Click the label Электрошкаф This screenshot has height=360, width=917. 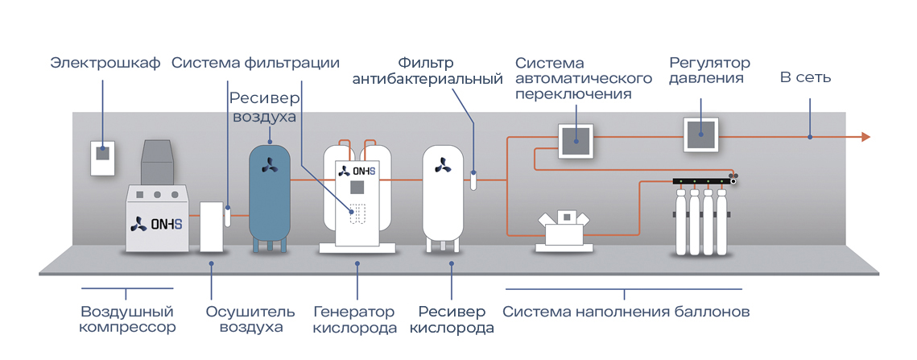105,62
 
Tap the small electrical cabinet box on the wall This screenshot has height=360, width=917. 102,158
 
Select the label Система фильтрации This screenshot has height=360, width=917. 255,62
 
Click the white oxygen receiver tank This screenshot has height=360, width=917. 444,193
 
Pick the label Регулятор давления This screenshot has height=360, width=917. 709,71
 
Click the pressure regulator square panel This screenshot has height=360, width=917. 700,134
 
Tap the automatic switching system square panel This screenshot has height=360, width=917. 576,139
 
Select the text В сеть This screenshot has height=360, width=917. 805,78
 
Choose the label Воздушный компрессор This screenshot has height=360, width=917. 127,320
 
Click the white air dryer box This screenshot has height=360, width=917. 211,226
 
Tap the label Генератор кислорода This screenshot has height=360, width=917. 355,320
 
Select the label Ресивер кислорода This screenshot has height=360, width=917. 452,320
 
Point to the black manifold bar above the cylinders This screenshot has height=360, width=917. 700,182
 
